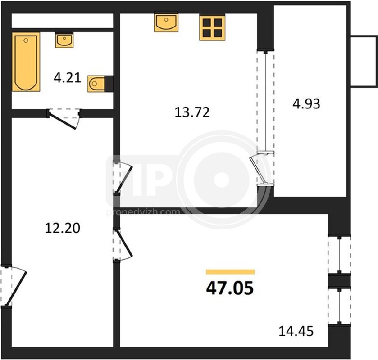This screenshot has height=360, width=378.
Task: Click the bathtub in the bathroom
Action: click(x=26, y=62)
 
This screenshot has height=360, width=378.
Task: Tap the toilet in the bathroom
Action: click(x=96, y=84)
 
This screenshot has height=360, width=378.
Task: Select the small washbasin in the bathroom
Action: click(x=64, y=40)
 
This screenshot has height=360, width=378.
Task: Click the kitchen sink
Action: click(x=166, y=22)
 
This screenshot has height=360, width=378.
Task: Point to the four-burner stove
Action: click(x=212, y=28)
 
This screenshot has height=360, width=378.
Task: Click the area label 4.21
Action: click(x=67, y=78)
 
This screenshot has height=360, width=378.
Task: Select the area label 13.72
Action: click(x=192, y=112)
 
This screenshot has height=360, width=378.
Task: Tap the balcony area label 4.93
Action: click(x=306, y=104)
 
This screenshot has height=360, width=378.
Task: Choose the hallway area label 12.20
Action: click(x=63, y=228)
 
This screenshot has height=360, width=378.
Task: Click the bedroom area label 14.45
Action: click(x=296, y=331)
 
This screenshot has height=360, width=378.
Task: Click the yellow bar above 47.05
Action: click(x=230, y=272)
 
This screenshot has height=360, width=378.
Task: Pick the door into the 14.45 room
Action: click(x=123, y=245)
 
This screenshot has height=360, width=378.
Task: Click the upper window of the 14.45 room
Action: click(x=339, y=255)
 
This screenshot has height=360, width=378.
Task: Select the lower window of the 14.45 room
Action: click(x=339, y=306)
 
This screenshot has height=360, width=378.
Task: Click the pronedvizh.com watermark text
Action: click(x=143, y=212)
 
